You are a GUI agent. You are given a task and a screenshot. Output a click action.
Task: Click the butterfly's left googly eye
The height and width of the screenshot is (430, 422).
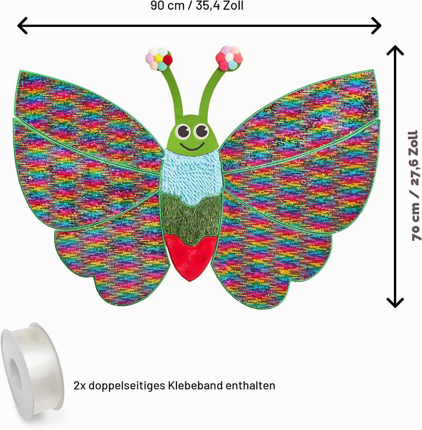(183, 131)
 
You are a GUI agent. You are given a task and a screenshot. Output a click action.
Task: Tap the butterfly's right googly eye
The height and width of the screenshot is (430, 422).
(201, 131)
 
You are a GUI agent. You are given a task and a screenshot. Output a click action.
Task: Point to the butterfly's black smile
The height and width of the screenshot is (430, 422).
(192, 146)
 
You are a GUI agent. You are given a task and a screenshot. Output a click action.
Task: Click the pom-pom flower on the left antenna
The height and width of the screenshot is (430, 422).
(159, 59)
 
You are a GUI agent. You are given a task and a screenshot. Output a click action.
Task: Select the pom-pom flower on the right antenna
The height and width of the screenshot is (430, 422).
(229, 57)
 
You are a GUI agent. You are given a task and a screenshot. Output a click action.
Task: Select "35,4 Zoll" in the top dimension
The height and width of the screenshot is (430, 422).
(220, 6)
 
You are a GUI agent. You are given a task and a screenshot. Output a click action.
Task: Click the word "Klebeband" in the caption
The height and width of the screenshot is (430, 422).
(195, 385)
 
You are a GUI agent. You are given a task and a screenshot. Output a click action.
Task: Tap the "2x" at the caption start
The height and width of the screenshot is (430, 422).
(80, 386)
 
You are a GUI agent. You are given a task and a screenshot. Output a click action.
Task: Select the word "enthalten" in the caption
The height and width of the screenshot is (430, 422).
(250, 385)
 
